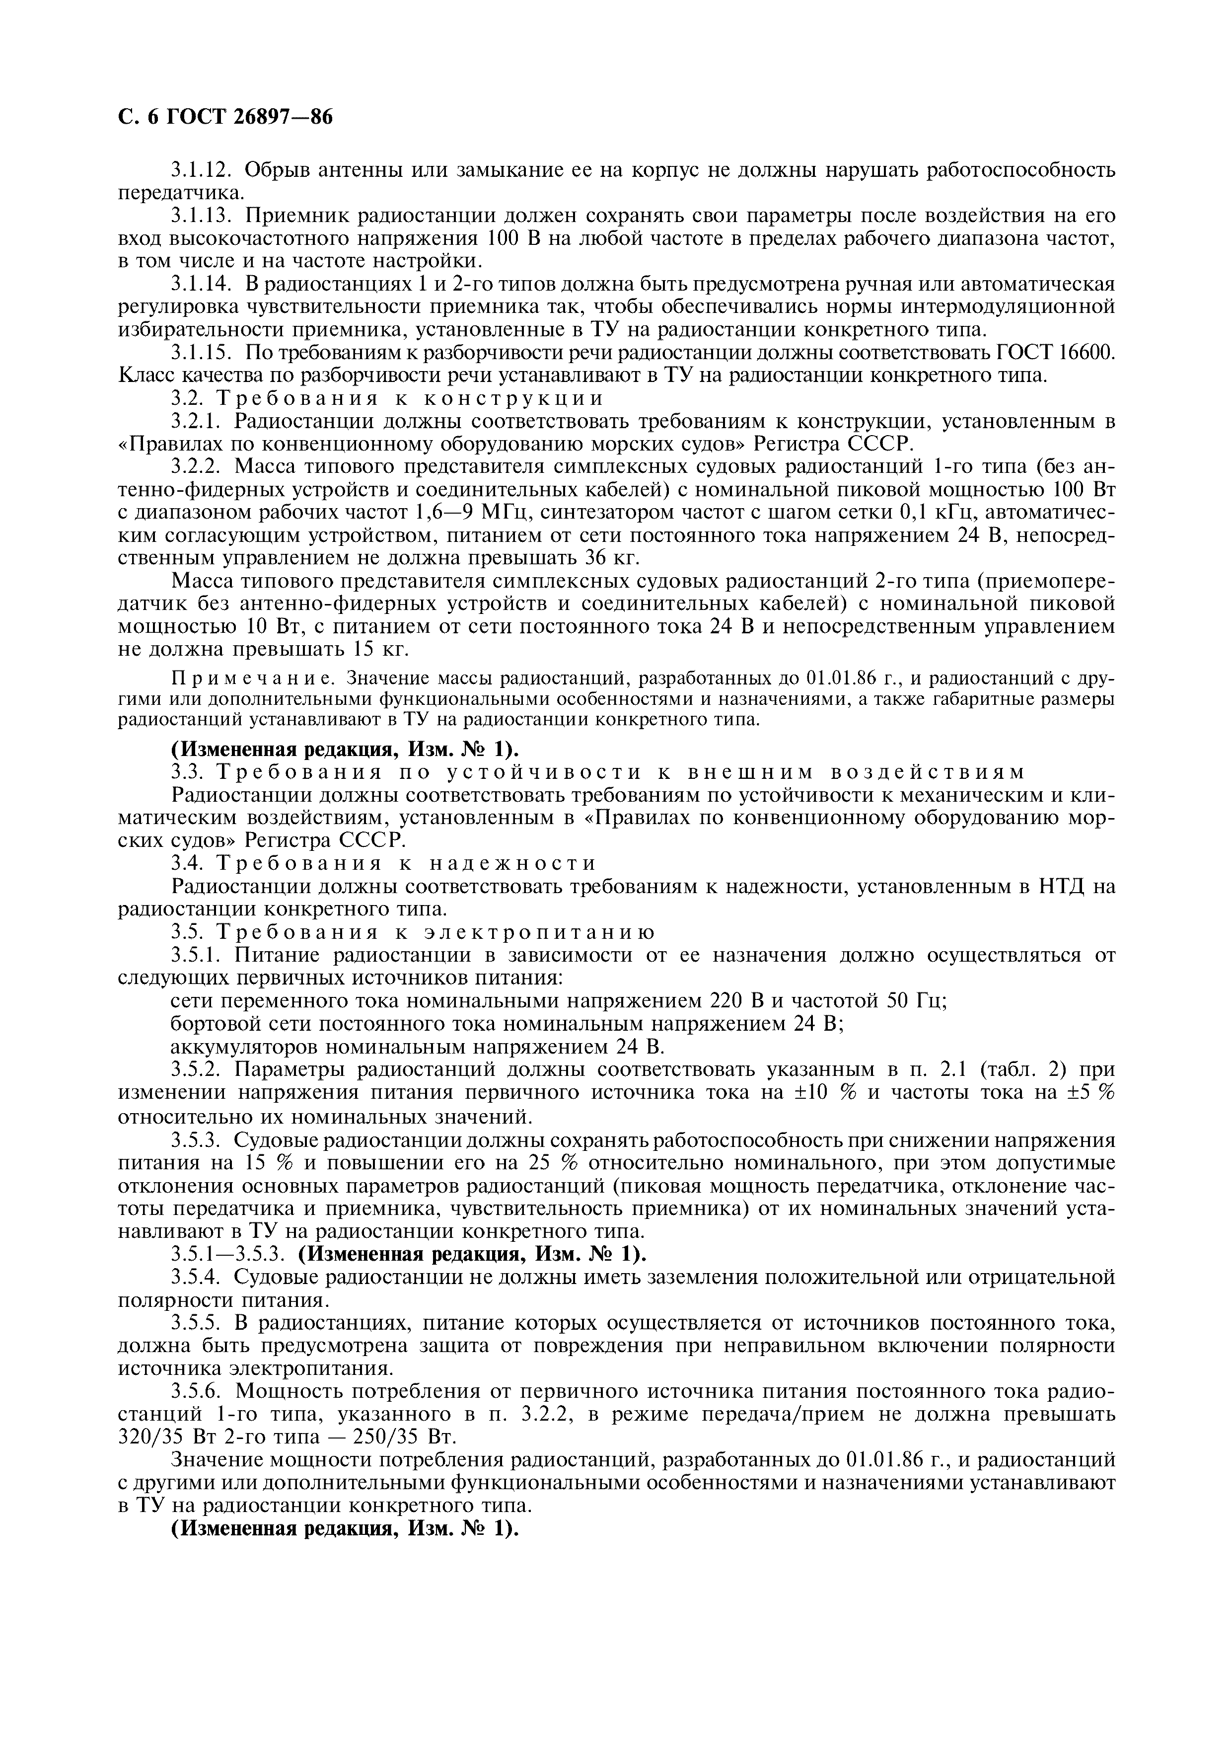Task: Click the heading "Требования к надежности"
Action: coord(407,863)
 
